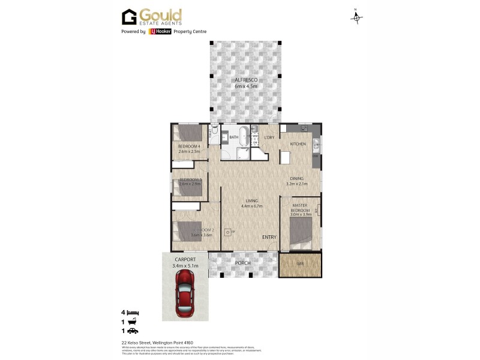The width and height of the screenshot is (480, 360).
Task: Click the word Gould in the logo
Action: point(160,14)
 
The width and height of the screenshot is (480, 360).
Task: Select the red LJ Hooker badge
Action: point(158,32)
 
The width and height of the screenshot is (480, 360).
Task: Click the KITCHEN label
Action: point(298,145)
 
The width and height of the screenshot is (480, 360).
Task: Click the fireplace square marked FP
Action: point(228,232)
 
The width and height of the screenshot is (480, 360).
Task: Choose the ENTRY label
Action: point(269,238)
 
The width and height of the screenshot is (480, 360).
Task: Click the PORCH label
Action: point(243,263)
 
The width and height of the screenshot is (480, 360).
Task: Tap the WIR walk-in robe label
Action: point(300,264)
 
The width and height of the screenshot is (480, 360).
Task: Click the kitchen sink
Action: point(316,143)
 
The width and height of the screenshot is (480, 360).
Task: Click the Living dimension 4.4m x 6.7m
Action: point(251,206)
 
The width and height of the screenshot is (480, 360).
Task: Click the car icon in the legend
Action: point(133,331)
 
